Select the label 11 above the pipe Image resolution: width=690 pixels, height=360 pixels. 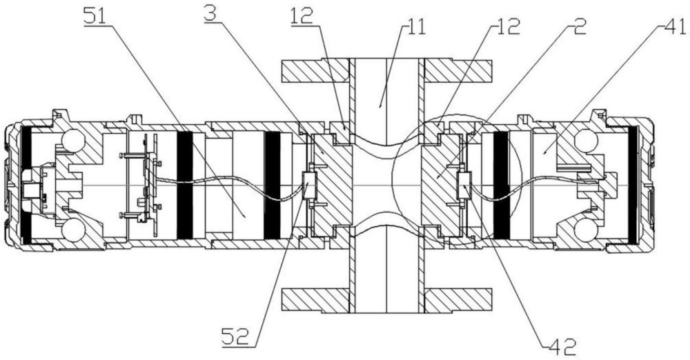[x=415, y=28]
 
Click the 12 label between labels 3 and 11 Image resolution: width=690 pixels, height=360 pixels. [x=302, y=17]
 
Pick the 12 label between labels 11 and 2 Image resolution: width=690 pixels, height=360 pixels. [x=507, y=26]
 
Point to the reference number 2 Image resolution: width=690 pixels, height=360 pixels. [x=580, y=26]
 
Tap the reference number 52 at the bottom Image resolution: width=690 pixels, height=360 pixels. [x=235, y=337]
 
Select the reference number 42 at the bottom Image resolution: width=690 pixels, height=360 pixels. [x=562, y=347]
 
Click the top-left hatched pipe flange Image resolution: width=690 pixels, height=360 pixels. [x=315, y=70]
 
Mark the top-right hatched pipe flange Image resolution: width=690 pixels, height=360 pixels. [x=457, y=70]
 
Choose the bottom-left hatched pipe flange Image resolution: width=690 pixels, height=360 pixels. [x=315, y=300]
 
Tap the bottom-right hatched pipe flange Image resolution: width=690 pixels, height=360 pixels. [x=457, y=300]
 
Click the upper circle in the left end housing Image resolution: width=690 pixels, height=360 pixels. [x=72, y=141]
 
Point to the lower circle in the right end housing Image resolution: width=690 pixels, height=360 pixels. [x=586, y=230]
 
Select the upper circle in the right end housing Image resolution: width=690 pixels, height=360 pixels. [x=586, y=141]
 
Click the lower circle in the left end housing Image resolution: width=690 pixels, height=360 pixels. [x=72, y=230]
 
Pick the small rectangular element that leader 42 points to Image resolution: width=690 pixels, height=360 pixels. [x=464, y=185]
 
